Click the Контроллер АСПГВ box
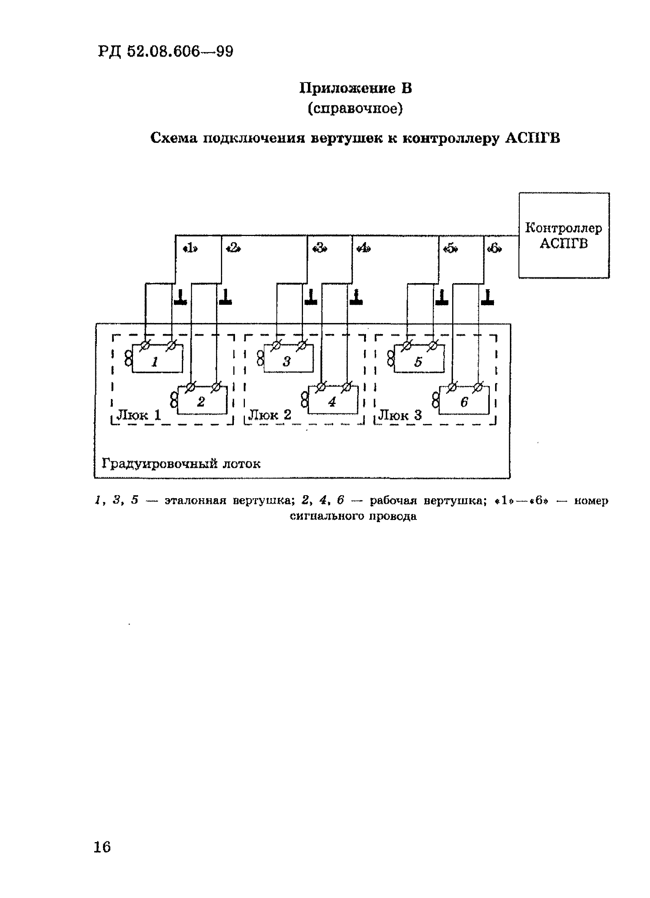coord(563,235)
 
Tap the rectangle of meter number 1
coord(157,358)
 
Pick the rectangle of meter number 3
coord(288,358)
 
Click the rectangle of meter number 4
coord(333,400)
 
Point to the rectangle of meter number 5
coord(419,359)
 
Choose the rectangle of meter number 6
coord(464,400)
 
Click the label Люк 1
coord(139,415)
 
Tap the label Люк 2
coord(269,415)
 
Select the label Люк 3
coord(399,415)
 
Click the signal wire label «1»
coord(190,249)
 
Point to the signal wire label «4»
coord(363,249)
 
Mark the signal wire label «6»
coord(494,249)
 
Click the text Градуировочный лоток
coord(181,463)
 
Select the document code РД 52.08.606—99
coord(166,51)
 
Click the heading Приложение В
coord(355,88)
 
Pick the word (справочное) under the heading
coord(355,108)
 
